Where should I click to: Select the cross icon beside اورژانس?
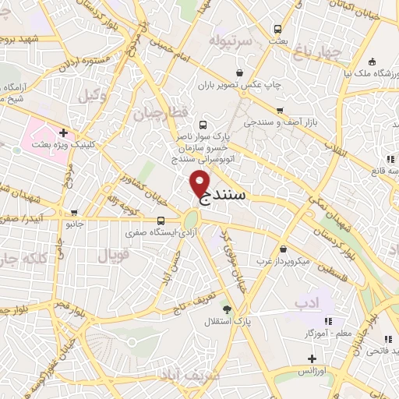tap(312, 358)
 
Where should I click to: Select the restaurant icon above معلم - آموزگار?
tap(328, 320)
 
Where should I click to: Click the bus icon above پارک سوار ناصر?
tap(203, 125)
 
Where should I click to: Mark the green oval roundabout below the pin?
tap(191, 221)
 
